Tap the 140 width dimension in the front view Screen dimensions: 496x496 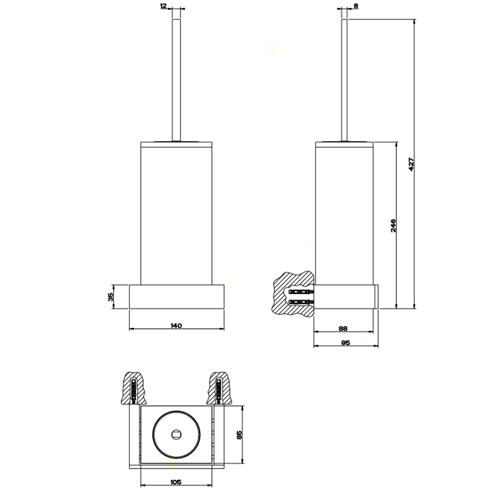[x=176, y=325]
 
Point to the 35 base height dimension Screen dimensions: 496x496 [x=111, y=297]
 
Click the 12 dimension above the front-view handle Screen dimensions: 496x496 [x=164, y=6]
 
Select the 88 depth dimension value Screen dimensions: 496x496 [x=343, y=327]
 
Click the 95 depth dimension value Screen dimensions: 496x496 [x=346, y=342]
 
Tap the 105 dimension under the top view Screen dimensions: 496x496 [x=176, y=483]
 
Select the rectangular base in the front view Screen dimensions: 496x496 [x=176, y=296]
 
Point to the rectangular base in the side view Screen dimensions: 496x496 [x=347, y=296]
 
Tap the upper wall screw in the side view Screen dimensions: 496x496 [x=302, y=291]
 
